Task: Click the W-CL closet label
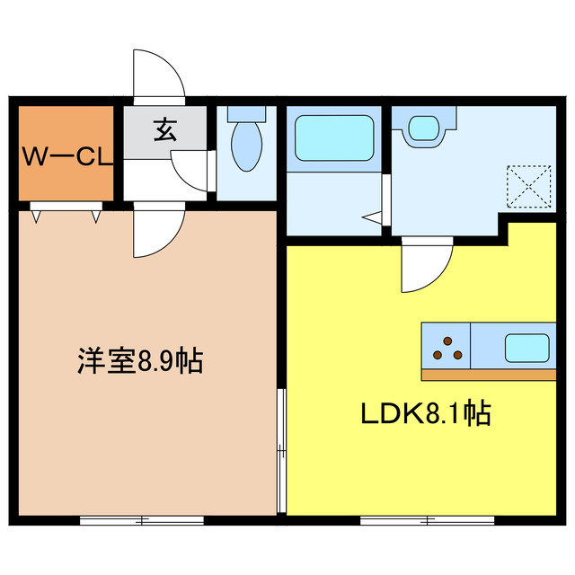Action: [x=67, y=158]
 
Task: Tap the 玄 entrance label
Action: [x=164, y=131]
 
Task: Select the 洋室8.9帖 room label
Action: [x=138, y=362]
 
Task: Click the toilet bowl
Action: [x=245, y=145]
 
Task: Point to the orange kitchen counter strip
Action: [x=485, y=374]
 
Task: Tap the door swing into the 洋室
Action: [x=158, y=234]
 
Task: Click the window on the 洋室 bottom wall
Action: [x=141, y=520]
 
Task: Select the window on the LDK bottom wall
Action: [x=428, y=520]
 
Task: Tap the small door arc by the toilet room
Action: [x=191, y=169]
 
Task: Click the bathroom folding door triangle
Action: [x=375, y=216]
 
